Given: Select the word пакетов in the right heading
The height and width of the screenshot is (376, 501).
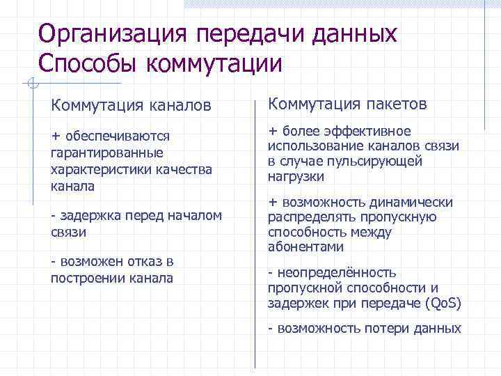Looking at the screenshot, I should [x=393, y=104].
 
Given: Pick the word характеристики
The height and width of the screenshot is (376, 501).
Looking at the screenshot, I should [x=100, y=169].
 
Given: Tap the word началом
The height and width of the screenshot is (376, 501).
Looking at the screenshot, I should [x=198, y=216].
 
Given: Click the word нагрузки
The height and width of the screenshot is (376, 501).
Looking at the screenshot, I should [x=296, y=177].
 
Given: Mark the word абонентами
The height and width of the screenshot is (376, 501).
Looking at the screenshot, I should [x=305, y=247].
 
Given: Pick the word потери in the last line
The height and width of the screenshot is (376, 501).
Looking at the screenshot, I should [x=375, y=329].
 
